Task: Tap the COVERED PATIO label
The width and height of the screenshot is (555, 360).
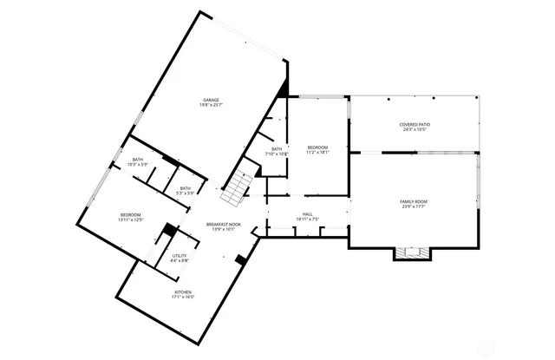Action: tap(415, 124)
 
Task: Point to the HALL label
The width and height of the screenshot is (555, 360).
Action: tap(307, 213)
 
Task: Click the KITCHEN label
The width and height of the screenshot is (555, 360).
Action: tap(182, 292)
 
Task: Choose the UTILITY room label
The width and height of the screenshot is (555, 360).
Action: tap(180, 256)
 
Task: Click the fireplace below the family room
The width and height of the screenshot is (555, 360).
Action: tap(412, 253)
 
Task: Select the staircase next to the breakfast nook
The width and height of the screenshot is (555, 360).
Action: tap(237, 187)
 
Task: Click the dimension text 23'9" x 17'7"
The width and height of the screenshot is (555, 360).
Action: tap(414, 206)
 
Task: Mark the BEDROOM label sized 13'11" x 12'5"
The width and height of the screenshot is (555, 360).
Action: tap(131, 214)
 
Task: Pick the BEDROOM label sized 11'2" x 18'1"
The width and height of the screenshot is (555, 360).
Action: tap(317, 147)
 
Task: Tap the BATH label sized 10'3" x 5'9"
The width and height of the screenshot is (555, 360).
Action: tap(137, 159)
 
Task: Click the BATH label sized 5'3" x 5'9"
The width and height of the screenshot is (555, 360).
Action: tap(186, 188)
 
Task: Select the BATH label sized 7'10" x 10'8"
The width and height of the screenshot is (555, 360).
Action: tap(277, 148)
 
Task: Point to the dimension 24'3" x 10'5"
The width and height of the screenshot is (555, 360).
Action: tap(415, 129)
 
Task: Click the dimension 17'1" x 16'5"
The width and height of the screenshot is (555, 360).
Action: tap(182, 298)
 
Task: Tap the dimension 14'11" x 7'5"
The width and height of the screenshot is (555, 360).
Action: tap(307, 219)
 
